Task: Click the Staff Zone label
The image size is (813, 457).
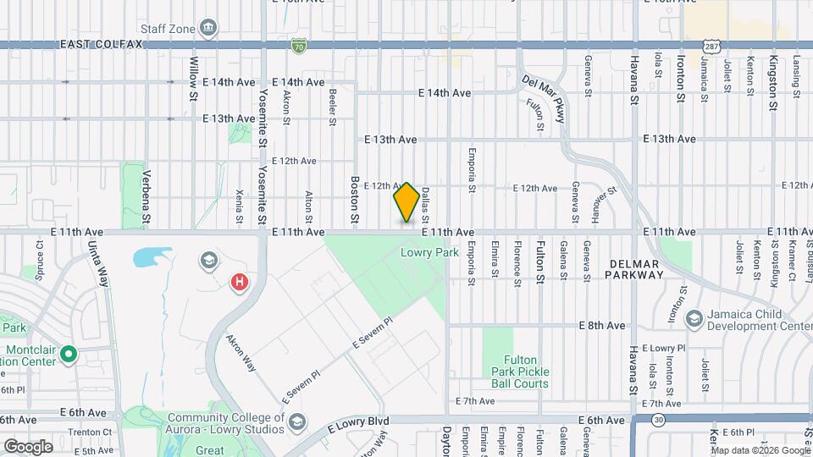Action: pos(169,28)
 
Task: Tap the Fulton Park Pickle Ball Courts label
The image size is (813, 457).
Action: pos(521,372)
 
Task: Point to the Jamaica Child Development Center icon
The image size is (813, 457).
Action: pos(694,318)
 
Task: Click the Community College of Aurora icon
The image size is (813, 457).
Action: pos(296,421)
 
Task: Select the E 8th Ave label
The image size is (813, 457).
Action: pos(601,325)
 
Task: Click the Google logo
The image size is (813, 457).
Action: pos(28,446)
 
